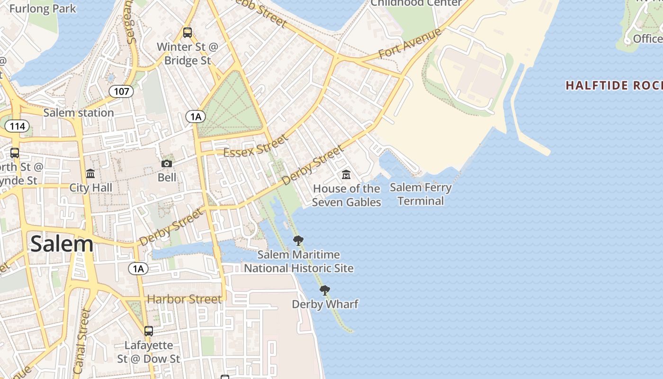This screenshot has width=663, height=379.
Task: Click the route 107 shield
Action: (x=121, y=91)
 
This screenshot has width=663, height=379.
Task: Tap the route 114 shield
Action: (x=17, y=126)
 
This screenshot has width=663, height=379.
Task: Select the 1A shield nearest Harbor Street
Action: (x=138, y=269)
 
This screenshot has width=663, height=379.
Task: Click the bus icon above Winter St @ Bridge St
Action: (x=188, y=33)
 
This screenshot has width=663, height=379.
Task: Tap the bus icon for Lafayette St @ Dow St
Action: (x=149, y=331)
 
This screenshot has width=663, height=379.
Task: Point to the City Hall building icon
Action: (x=90, y=173)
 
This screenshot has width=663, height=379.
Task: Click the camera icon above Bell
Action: (x=167, y=163)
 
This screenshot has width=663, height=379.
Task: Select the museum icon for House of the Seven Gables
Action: (x=346, y=175)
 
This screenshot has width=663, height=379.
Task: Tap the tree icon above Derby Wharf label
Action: (x=324, y=290)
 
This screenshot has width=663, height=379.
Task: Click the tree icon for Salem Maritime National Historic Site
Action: (x=298, y=241)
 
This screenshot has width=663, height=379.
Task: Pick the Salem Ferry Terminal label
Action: (x=421, y=194)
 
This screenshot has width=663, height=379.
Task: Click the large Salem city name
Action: (x=62, y=244)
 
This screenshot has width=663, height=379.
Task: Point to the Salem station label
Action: (x=79, y=113)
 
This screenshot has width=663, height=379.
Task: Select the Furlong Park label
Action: (x=43, y=9)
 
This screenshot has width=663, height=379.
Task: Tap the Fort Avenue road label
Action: (x=410, y=44)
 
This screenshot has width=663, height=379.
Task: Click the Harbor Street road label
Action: (x=184, y=299)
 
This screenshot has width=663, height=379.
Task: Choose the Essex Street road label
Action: (x=255, y=146)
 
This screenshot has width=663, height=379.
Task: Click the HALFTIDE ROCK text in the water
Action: (x=614, y=86)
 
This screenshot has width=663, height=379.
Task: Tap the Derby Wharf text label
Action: (x=325, y=304)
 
